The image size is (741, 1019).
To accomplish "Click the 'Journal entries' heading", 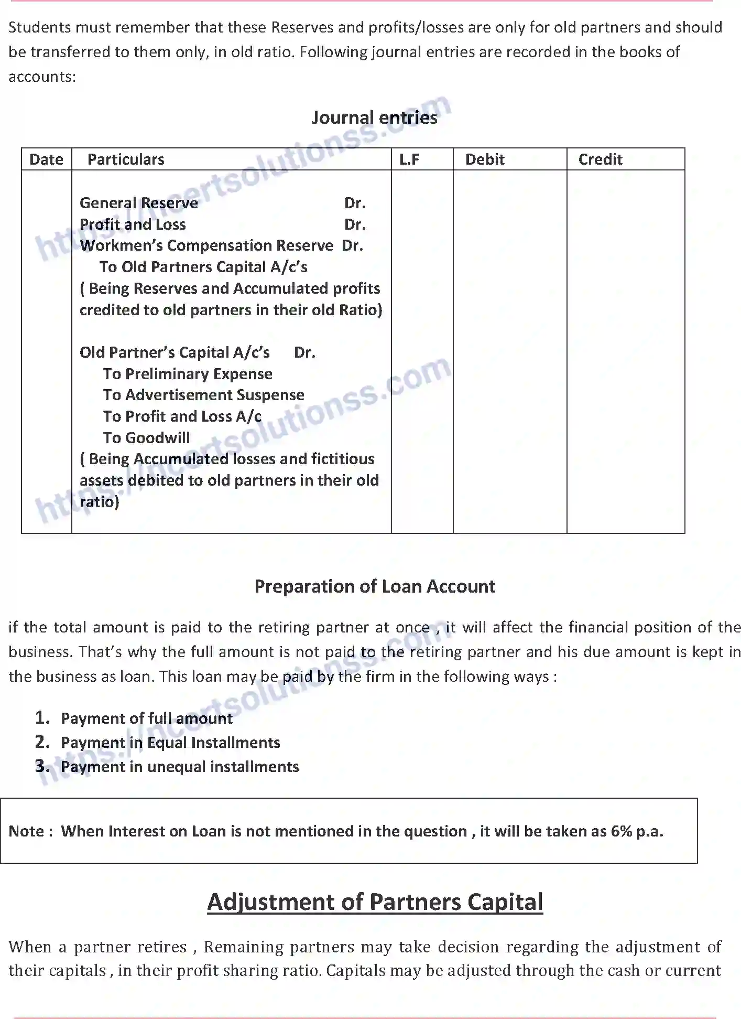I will [x=374, y=117].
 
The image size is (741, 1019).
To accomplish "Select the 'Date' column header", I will [x=46, y=159].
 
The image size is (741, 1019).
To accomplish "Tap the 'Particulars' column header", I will [x=126, y=159].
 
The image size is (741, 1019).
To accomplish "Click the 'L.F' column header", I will [x=409, y=159].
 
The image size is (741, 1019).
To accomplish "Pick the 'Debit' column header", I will [x=485, y=159].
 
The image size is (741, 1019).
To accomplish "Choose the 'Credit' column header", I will [x=600, y=159].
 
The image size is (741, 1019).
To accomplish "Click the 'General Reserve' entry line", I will [x=139, y=203].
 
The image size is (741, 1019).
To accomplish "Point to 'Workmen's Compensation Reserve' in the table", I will [x=206, y=245].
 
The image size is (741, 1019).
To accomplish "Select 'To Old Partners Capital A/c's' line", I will [x=203, y=267].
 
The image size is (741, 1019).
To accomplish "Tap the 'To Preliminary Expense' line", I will [x=188, y=374].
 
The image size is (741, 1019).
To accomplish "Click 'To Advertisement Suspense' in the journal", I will [x=203, y=395].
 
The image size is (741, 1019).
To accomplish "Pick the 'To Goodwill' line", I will [x=146, y=438].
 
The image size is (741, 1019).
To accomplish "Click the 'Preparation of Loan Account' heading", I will [x=375, y=586].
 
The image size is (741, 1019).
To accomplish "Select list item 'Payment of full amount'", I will [x=147, y=718].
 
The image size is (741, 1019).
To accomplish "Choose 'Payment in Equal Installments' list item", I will [x=170, y=743].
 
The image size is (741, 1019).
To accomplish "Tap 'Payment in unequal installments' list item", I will [x=180, y=767].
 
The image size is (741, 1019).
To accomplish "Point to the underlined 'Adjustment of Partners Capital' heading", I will [x=375, y=902].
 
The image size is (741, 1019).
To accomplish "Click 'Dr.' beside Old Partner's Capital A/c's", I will [x=304, y=352].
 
